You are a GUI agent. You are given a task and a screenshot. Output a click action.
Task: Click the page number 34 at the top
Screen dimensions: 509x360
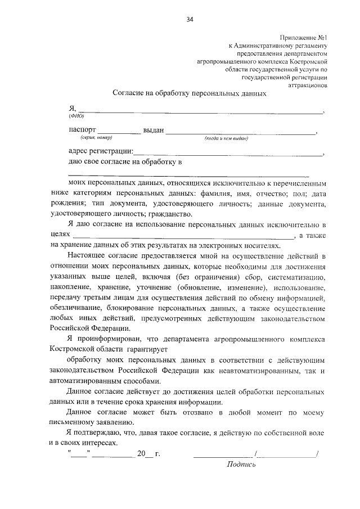pos(190,20)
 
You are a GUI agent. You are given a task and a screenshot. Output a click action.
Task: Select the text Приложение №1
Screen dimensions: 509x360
pos(302,36)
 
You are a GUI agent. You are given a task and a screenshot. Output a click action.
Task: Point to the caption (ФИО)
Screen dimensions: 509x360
pos(76,115)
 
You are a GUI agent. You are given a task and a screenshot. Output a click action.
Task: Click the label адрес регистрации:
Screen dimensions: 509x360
pos(101,151)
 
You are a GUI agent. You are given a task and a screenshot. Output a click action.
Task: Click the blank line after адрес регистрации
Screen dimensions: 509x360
pos(228,153)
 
